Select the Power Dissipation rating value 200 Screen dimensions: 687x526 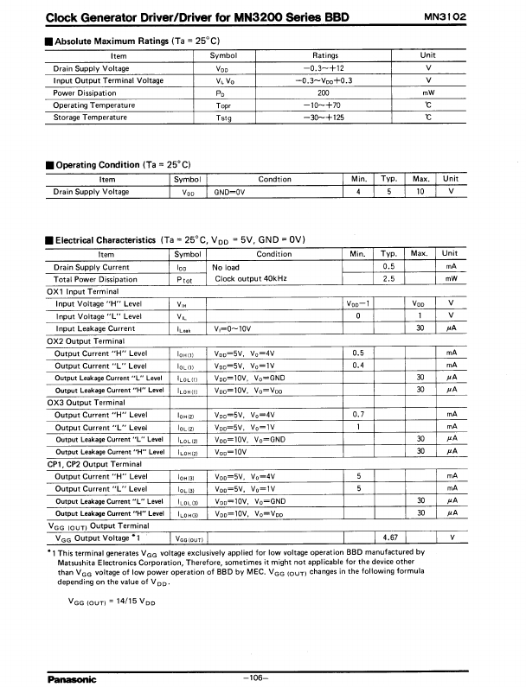(324, 92)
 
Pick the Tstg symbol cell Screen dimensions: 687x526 (223, 117)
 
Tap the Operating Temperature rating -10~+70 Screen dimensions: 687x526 (324, 105)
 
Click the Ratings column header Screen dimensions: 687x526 (324, 55)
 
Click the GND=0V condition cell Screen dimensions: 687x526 (229, 192)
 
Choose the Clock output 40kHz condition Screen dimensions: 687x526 (252, 279)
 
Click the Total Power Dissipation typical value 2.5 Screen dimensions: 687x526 (388, 279)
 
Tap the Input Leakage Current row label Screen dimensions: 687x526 (95, 328)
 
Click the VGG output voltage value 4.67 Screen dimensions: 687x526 (389, 538)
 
